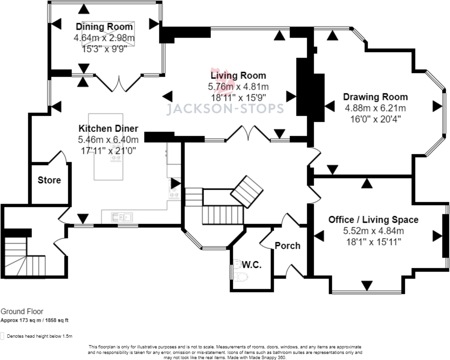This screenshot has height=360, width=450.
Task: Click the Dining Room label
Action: coord(104,27)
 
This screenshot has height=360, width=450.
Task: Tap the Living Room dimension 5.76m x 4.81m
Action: coord(238,87)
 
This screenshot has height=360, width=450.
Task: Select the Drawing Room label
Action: coord(375,97)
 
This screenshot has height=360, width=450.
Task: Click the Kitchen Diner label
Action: coord(108,128)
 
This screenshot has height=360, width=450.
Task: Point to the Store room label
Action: coord(49,180)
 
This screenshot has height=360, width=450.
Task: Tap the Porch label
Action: coord(288,246)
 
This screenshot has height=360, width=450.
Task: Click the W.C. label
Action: coord(251,265)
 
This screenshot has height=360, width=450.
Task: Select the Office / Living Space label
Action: coord(373,220)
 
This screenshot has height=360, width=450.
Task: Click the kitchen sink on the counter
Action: coord(122,217)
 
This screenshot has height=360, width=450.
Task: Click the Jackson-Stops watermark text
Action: coord(225,109)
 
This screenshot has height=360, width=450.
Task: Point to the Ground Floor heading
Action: coord(22,312)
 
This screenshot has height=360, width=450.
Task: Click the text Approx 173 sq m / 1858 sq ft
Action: coord(34,320)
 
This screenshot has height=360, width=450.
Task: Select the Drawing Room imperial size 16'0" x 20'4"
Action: coord(375,119)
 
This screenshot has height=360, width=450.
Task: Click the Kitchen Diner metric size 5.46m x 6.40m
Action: coord(108,140)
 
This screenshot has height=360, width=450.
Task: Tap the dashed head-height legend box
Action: coord(2,336)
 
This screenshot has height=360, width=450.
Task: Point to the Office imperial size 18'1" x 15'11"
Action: coord(373,242)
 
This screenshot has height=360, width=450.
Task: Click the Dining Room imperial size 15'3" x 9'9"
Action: coord(104,49)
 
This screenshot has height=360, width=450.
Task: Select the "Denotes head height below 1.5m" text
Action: coord(40,336)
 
